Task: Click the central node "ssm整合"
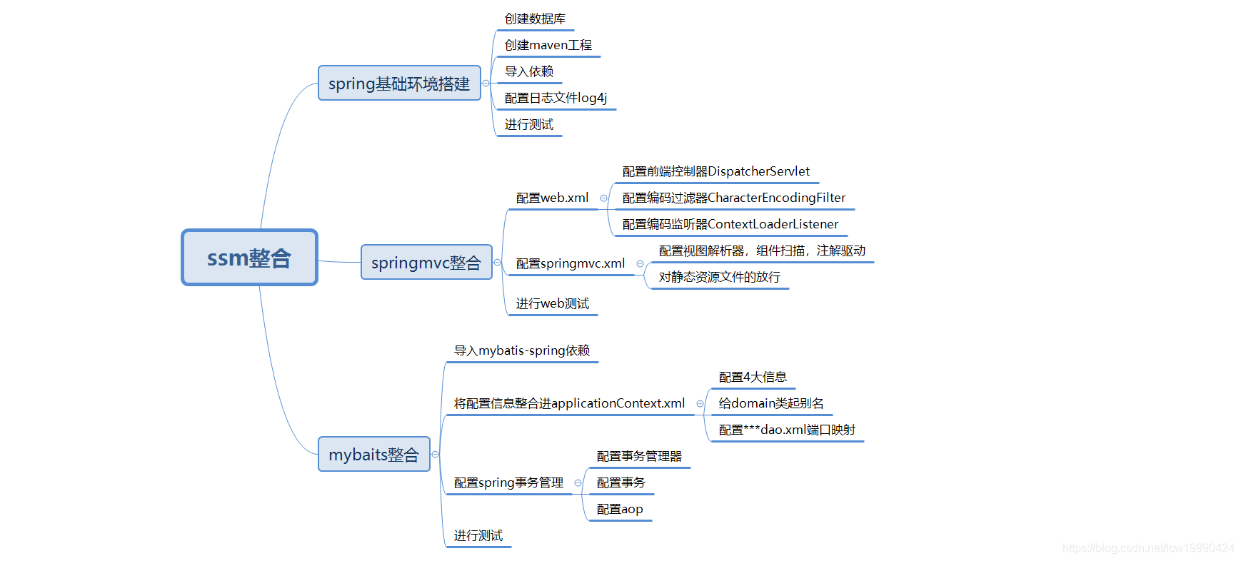click(x=249, y=258)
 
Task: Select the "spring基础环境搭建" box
click(x=399, y=84)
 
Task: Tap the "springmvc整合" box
click(x=426, y=263)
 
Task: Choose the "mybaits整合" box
click(x=373, y=455)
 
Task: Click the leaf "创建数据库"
click(x=535, y=19)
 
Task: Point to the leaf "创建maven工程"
click(x=548, y=46)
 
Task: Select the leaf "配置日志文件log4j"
click(x=556, y=98)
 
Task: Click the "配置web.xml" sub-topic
click(x=552, y=198)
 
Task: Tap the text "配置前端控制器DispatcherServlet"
click(x=715, y=172)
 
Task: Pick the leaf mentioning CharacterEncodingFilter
click(x=733, y=198)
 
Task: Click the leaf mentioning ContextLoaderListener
click(x=730, y=225)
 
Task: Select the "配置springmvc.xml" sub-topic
click(x=570, y=264)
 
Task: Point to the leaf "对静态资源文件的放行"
click(x=719, y=278)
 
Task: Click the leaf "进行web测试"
click(x=552, y=304)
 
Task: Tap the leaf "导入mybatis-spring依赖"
click(x=521, y=351)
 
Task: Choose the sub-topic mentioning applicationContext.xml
click(x=569, y=404)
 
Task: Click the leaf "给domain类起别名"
click(x=770, y=404)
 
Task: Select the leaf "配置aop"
click(x=619, y=510)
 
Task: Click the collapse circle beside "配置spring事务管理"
click(x=578, y=483)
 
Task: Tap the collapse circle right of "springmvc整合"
click(x=498, y=263)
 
